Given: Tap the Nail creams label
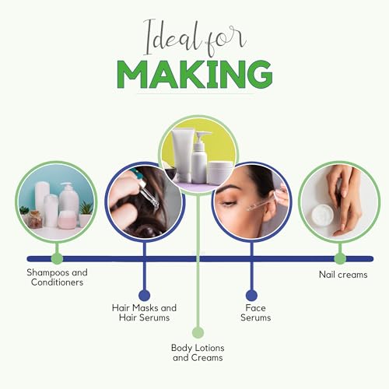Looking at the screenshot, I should tap(342, 275).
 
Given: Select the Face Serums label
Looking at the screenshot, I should tap(251, 313).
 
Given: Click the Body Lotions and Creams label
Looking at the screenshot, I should tap(197, 352).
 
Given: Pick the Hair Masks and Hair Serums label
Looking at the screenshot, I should tap(144, 313).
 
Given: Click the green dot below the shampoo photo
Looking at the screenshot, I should tap(56, 258).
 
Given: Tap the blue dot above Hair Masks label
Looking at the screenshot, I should tap(144, 295).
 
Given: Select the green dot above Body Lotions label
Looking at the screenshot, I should tap(198, 332).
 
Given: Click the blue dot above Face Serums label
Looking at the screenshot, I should tap(251, 295).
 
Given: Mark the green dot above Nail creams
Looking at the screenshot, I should tap(339, 258).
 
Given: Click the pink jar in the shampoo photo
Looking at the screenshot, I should tap(68, 221).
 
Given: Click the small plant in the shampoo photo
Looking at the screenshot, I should tap(85, 209).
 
